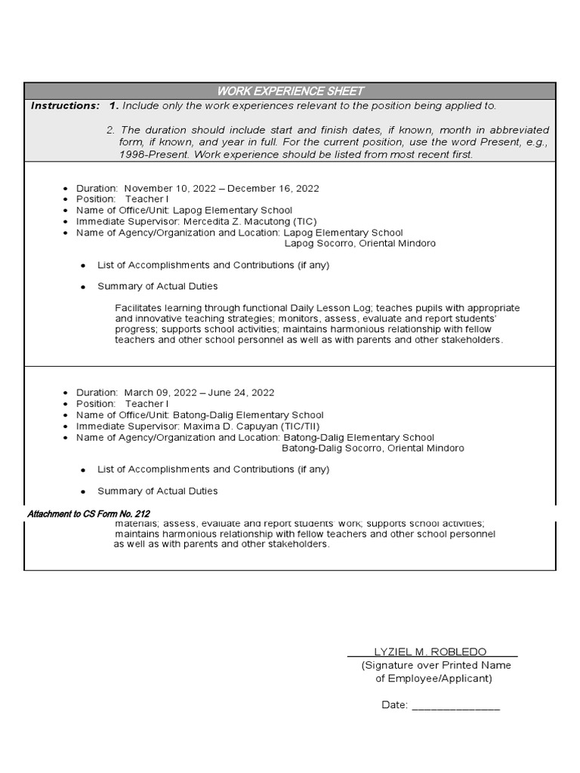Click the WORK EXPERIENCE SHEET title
pyautogui.click(x=290, y=91)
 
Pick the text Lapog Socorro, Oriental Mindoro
pyautogui.click(x=359, y=244)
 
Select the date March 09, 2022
pyautogui.click(x=159, y=393)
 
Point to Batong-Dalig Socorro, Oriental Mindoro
pyautogui.click(x=372, y=448)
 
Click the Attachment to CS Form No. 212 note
pyautogui.click(x=88, y=514)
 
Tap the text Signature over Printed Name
pyautogui.click(x=436, y=665)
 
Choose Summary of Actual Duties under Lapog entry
pyautogui.click(x=157, y=286)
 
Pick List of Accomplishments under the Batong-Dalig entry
pyautogui.click(x=213, y=469)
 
